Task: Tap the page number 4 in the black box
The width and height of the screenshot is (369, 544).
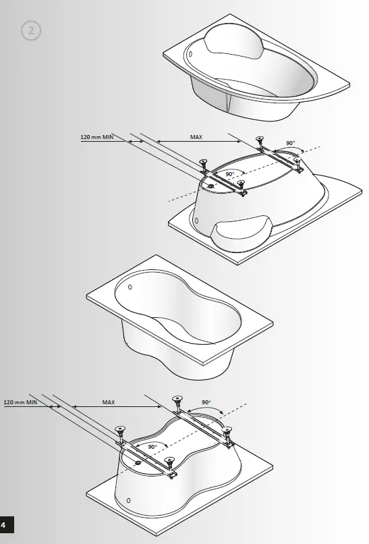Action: [x=5, y=524]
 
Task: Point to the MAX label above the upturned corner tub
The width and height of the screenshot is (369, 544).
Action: [x=196, y=137]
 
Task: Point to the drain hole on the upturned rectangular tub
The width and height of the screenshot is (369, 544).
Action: [x=138, y=462]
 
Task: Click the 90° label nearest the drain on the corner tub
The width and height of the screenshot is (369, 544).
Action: [x=230, y=174]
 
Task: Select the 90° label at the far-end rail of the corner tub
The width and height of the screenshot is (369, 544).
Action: [x=290, y=143]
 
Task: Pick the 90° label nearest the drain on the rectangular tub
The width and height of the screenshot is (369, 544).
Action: [x=152, y=447]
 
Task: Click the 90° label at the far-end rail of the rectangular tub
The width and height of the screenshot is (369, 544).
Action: [x=206, y=403]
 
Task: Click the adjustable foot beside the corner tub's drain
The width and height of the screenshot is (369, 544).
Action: [x=203, y=164]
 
